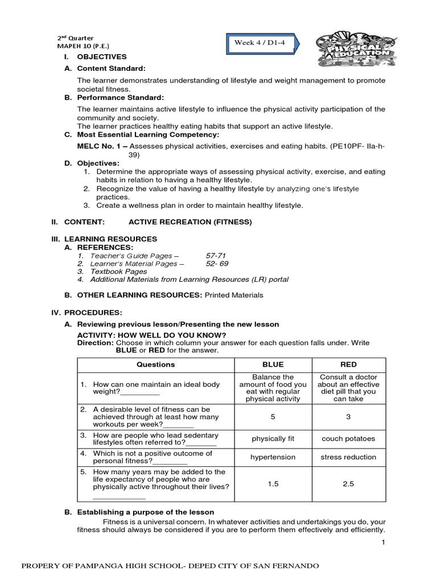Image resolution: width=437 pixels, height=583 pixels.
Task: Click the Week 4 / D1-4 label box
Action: pos(262,43)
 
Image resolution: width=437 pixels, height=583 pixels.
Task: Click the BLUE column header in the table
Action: pos(273,364)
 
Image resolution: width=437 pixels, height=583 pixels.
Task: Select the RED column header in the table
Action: pos(348,364)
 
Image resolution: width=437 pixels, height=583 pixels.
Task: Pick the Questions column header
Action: pos(156,364)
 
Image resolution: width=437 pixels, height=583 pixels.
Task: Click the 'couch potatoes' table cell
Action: pos(348,438)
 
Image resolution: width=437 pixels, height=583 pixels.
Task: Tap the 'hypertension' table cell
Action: pos(273,457)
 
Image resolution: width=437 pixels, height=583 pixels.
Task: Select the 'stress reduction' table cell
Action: pos(348,457)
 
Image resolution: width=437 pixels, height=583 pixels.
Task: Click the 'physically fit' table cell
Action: pos(273,438)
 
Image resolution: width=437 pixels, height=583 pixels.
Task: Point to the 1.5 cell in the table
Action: pos(273,483)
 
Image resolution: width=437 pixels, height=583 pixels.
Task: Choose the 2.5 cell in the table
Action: pos(348,483)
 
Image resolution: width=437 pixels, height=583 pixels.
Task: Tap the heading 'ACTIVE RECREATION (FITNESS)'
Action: pos(190,221)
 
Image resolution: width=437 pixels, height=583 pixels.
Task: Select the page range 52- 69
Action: pos(217,264)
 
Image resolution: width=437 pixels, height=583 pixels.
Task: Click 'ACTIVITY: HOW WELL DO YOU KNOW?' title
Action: pos(151,335)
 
